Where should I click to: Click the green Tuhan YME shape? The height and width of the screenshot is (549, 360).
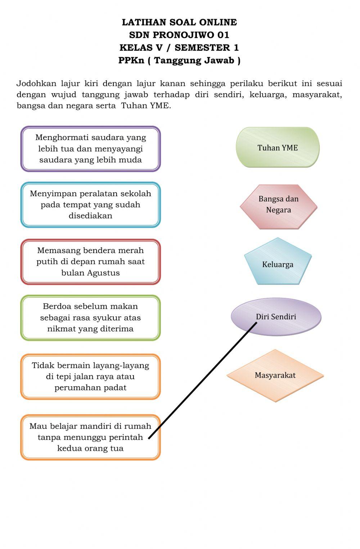(x=278, y=148)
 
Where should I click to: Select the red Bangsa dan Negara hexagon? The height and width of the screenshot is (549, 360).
(x=278, y=207)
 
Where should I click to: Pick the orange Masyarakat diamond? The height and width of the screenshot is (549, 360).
(x=275, y=375)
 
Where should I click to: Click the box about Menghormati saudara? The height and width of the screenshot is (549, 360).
(x=90, y=149)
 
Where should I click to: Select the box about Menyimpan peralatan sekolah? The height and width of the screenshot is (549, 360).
(x=90, y=205)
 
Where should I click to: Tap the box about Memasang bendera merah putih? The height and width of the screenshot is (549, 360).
(x=90, y=262)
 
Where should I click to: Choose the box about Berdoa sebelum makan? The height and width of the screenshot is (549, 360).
(x=90, y=318)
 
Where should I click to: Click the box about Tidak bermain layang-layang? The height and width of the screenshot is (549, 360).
(x=90, y=377)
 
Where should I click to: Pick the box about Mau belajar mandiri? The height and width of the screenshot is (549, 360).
(x=90, y=437)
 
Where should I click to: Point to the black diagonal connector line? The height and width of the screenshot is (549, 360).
(x=203, y=380)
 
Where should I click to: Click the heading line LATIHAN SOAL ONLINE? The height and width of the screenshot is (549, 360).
(x=179, y=22)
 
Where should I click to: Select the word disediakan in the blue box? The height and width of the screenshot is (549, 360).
(x=90, y=216)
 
